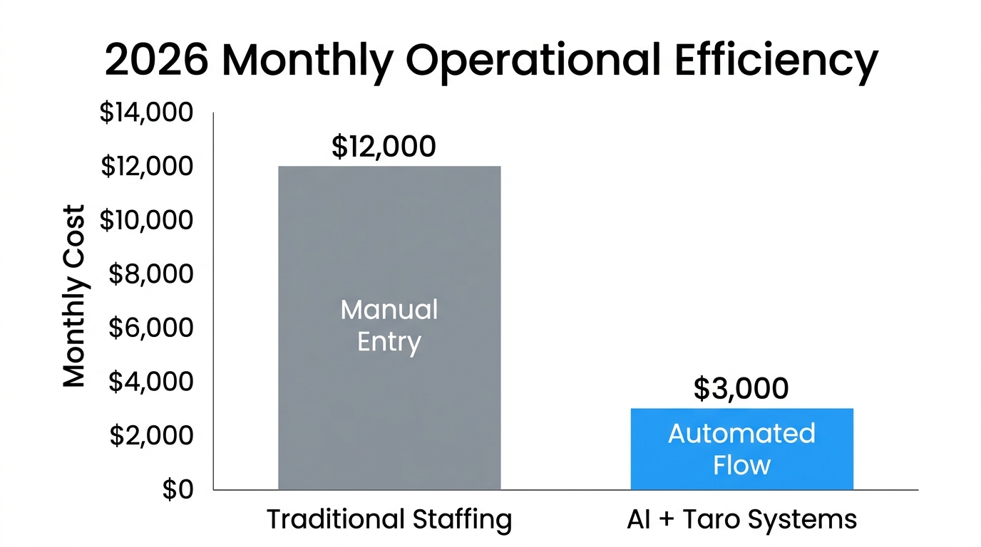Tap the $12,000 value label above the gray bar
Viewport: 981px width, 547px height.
click(x=384, y=147)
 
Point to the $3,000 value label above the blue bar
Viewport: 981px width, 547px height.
click(x=741, y=389)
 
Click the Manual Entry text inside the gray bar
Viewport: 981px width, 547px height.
click(x=389, y=326)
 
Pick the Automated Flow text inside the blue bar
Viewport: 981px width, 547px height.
click(x=741, y=449)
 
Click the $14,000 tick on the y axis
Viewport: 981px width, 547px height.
click(x=146, y=113)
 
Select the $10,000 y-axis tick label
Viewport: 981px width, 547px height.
click(x=146, y=221)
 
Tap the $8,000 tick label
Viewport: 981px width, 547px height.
click(x=150, y=274)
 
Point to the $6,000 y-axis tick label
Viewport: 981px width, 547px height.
click(x=150, y=328)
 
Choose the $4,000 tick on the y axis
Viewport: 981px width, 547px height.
click(x=150, y=382)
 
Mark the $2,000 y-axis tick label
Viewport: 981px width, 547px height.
click(x=150, y=435)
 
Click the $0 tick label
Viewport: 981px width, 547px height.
click(x=177, y=490)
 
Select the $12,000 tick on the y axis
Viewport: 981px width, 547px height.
click(x=146, y=167)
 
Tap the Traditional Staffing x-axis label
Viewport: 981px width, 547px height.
click(x=389, y=519)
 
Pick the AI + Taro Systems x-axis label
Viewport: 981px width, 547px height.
click(x=741, y=519)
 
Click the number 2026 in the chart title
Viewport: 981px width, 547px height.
click(x=157, y=61)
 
